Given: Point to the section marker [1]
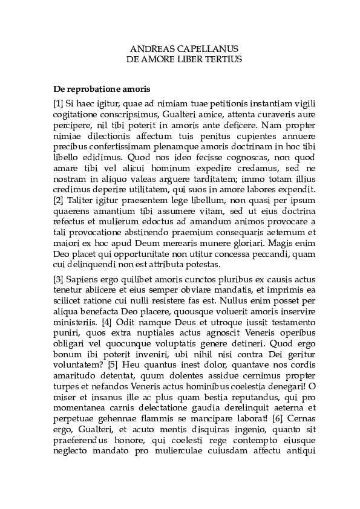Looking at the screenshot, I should (x=58, y=104).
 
